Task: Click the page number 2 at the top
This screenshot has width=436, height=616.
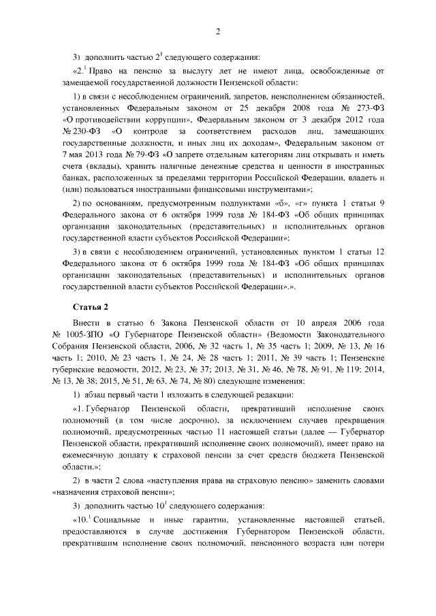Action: (x=217, y=33)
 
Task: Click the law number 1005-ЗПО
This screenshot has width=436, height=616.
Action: (x=86, y=334)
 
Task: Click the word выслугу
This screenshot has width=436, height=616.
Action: (x=196, y=70)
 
